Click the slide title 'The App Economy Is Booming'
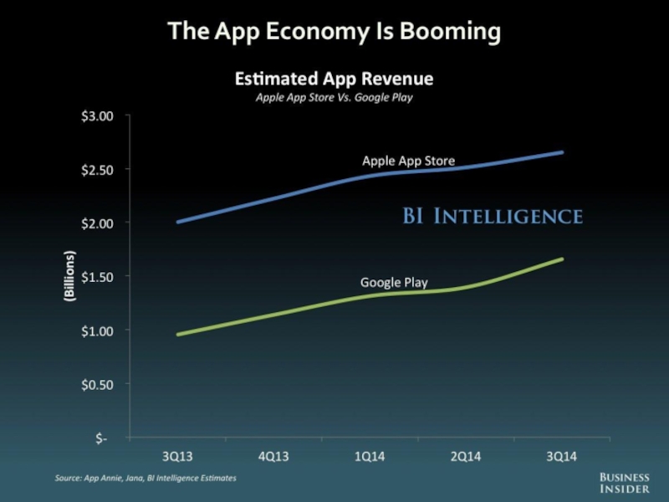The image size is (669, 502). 334,32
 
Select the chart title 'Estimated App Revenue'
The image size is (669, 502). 334,79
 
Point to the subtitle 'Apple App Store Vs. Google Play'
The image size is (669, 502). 334,97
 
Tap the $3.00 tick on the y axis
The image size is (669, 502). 94,115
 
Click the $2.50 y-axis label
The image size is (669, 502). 94,169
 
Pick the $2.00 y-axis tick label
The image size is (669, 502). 94,223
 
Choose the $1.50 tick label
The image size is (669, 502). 94,276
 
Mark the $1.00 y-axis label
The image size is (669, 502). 94,330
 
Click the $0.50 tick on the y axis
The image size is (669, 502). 94,384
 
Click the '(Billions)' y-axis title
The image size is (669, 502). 69,276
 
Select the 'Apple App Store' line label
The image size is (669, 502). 408,161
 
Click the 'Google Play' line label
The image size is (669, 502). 394,283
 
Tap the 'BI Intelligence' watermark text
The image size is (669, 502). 493,217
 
